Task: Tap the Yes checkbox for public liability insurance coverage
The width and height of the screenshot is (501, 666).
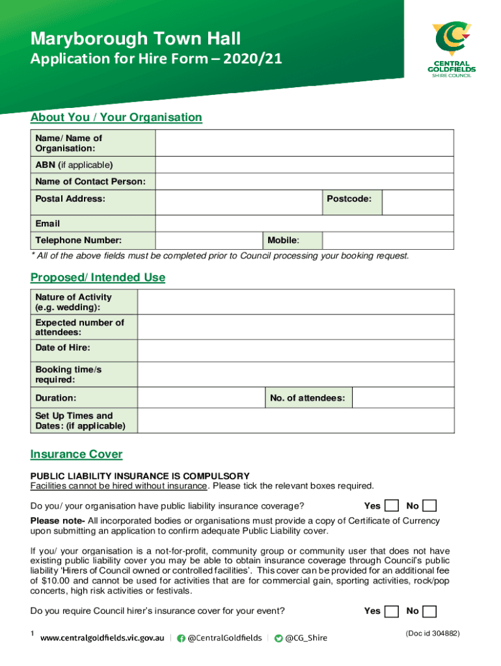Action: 392,506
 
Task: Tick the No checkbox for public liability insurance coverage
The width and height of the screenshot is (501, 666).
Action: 429,506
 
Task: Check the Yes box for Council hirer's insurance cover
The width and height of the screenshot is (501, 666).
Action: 392,611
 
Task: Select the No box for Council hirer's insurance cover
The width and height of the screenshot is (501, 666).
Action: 429,611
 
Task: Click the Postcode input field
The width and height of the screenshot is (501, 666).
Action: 418,202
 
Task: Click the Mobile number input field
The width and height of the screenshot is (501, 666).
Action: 388,241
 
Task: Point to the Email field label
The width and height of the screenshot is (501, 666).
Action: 47,224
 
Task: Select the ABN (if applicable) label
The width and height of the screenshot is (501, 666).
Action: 74,165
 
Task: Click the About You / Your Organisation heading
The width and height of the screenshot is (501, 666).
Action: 116,118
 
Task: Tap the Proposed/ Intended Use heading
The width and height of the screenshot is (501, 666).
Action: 98,278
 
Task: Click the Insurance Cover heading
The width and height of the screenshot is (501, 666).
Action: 76,455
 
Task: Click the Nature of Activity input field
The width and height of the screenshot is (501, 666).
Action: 295,302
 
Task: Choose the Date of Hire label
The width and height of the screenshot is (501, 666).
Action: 62,348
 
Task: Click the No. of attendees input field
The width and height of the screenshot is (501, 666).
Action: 403,397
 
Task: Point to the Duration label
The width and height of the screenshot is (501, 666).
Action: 55,397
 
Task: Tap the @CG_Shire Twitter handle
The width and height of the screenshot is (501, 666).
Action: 306,638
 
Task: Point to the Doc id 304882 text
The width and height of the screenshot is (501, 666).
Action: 433,633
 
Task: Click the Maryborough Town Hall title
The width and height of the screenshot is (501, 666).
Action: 135,38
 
